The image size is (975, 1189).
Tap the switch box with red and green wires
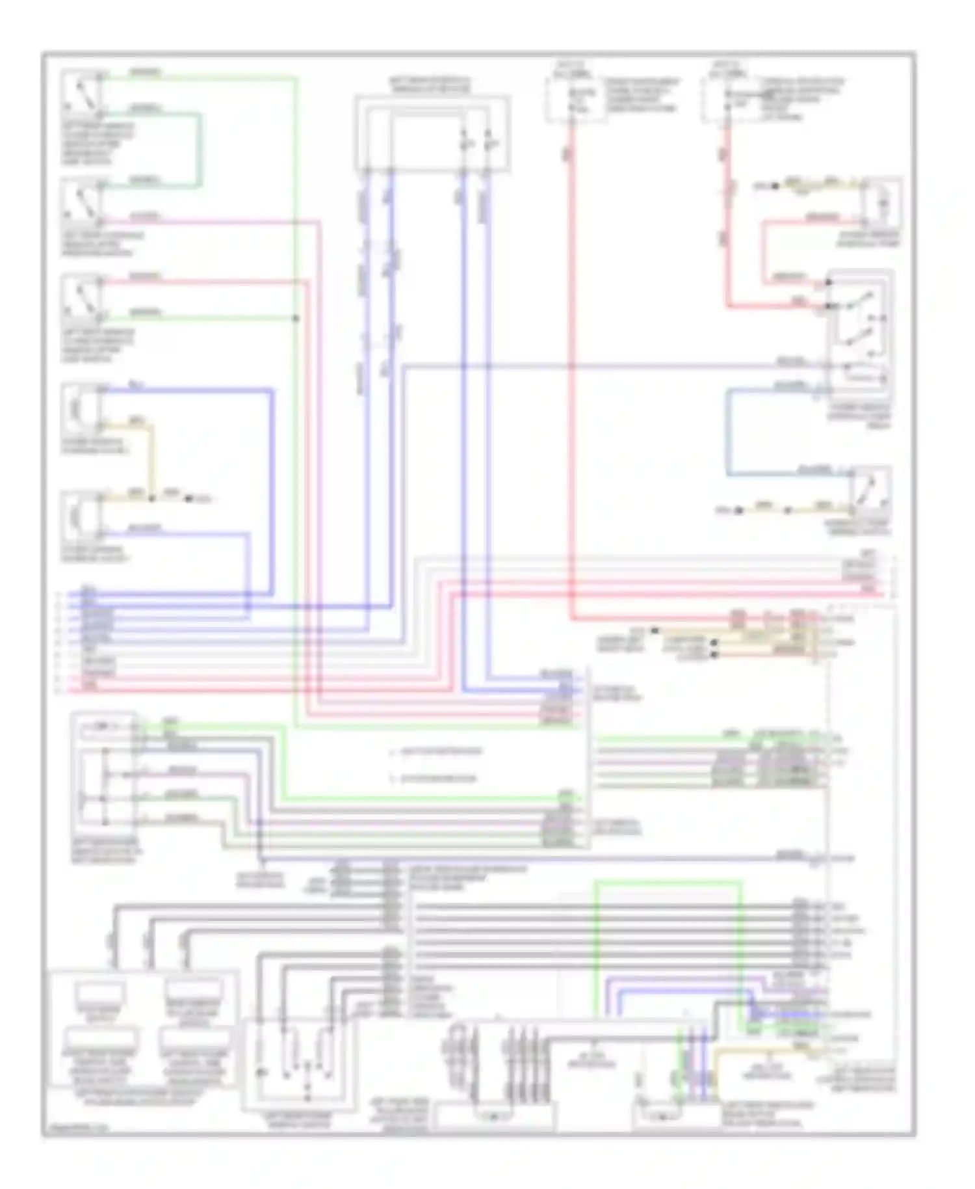(81, 298)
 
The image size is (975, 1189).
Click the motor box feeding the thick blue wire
(81, 408)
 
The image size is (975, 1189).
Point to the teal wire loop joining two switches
(199, 150)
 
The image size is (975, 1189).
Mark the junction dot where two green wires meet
(296, 318)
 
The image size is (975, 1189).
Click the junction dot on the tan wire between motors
(151, 499)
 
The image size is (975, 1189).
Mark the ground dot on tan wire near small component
(775, 186)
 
